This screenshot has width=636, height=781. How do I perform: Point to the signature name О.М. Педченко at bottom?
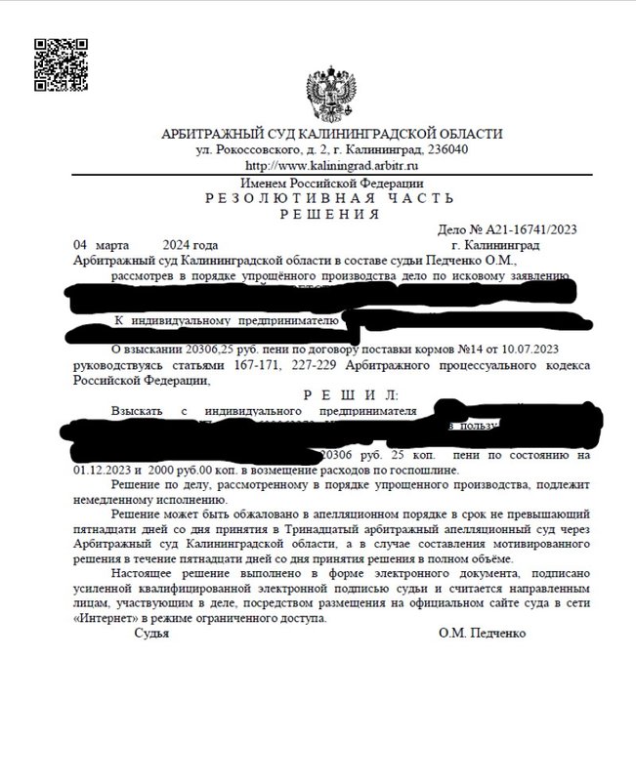click(483, 634)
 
